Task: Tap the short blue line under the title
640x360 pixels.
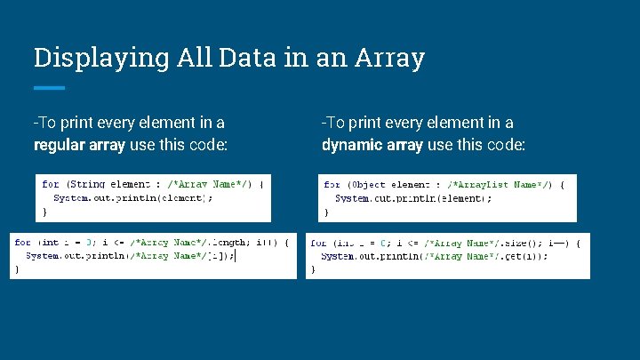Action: tap(49, 88)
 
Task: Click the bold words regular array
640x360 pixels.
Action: tap(81, 145)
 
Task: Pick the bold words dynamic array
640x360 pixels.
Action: tap(372, 145)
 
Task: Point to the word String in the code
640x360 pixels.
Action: tap(88, 185)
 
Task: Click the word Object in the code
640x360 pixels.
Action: tap(368, 185)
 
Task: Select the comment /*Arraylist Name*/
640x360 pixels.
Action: tap(495, 185)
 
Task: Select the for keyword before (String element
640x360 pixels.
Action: tap(51, 185)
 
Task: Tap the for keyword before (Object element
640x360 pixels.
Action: tap(332, 185)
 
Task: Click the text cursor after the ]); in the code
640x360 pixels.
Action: tap(236, 256)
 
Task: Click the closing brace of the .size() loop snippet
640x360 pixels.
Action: tap(312, 270)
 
